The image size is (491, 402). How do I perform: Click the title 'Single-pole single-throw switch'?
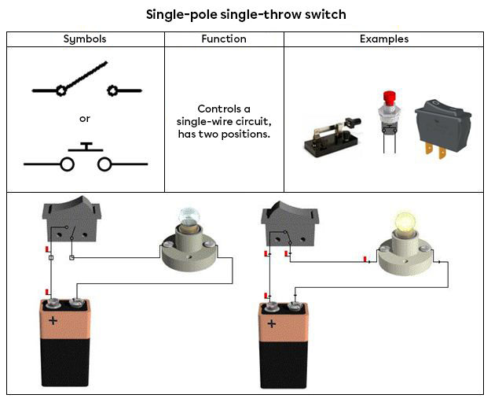[246, 14]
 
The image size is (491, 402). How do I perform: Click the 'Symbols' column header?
[85, 39]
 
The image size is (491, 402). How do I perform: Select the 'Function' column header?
[223, 39]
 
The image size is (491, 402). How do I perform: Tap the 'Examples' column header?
[383, 39]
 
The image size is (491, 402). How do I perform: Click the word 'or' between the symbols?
[85, 119]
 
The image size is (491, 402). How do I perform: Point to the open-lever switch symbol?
[86, 85]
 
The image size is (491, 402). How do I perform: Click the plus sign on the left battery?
[53, 321]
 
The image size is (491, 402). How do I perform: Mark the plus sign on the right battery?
[271, 323]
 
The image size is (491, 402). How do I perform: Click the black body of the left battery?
[65, 366]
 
